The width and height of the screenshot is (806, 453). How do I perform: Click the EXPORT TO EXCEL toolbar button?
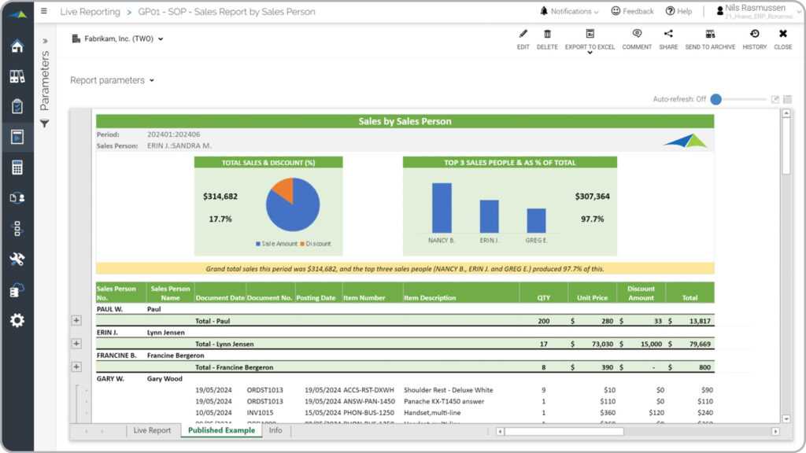(x=590, y=39)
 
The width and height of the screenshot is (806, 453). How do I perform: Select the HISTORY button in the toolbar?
(x=754, y=39)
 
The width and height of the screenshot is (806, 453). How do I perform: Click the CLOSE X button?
(x=782, y=39)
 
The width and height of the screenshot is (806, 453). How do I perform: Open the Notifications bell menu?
(x=569, y=12)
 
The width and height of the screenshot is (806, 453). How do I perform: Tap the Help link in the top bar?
(x=678, y=12)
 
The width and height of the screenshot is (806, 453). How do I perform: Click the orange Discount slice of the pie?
(x=283, y=190)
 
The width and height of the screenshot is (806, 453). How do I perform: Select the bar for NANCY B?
(x=442, y=208)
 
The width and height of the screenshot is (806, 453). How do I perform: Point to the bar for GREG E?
(x=536, y=220)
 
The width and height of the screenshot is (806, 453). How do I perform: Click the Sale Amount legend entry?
(x=276, y=244)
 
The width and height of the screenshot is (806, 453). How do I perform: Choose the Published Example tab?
(x=221, y=430)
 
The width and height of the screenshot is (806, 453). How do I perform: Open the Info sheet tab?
(x=275, y=430)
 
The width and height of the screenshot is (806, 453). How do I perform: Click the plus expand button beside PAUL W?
(x=76, y=320)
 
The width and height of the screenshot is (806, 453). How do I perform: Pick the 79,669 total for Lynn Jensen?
(x=696, y=344)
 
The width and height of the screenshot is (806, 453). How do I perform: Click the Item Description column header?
(x=430, y=298)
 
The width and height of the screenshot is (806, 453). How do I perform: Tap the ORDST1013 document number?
(x=264, y=390)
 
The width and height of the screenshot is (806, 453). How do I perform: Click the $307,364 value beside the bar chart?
(x=592, y=197)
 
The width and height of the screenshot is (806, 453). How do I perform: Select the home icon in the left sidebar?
(x=17, y=46)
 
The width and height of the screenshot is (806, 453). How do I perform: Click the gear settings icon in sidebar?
(x=17, y=320)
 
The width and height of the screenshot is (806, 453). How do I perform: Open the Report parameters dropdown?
(x=112, y=80)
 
